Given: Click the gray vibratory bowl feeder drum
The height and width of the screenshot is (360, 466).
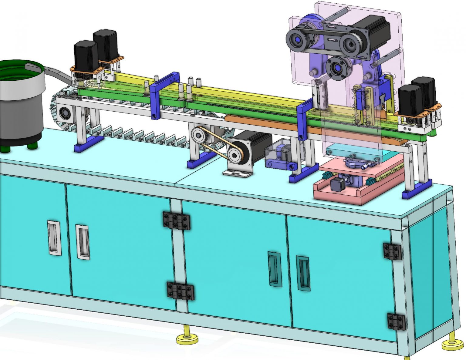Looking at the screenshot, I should [21, 109].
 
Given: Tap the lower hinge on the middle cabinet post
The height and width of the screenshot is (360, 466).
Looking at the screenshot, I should [181, 291].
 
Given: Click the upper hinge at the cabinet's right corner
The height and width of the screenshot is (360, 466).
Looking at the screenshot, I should [392, 251].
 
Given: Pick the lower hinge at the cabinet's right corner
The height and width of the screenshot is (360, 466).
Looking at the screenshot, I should [396, 322].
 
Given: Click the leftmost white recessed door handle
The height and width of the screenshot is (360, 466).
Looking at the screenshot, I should [54, 237].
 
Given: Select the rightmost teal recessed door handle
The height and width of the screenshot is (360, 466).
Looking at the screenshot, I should [303, 273].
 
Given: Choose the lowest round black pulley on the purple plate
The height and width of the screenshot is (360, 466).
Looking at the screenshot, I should [337, 69].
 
